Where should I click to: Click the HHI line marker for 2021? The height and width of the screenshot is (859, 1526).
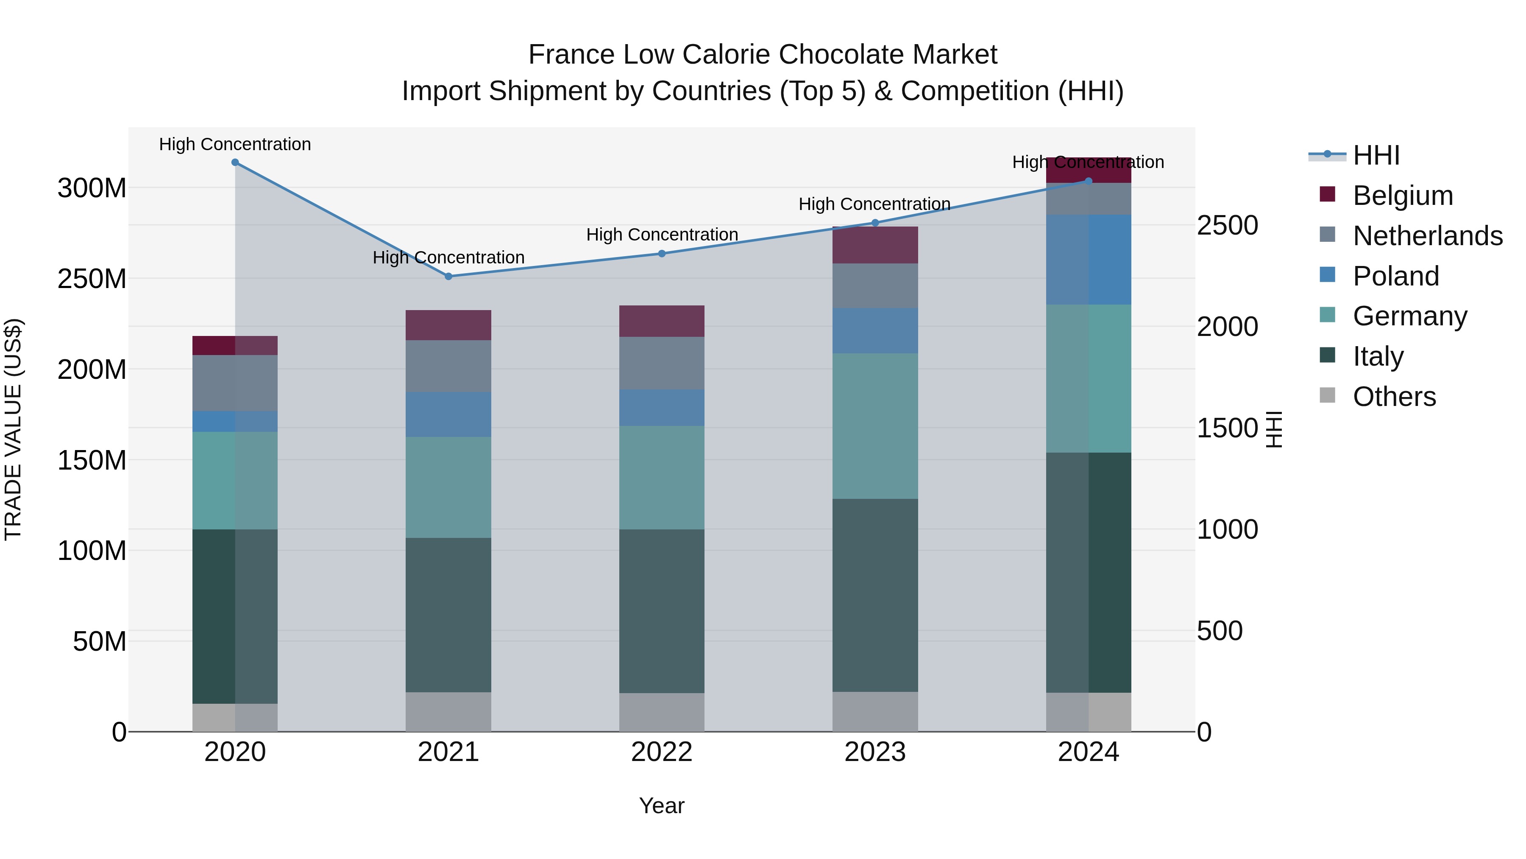pyautogui.click(x=448, y=276)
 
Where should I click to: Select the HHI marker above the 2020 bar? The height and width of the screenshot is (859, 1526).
pyautogui.click(x=235, y=162)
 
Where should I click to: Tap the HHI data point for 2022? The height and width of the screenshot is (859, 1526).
pyautogui.click(x=662, y=254)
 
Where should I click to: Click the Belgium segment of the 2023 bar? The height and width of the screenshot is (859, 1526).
pyautogui.click(x=875, y=245)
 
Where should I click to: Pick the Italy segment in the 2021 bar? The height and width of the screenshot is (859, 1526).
pyautogui.click(x=448, y=615)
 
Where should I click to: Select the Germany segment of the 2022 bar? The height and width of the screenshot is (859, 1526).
pyautogui.click(x=662, y=477)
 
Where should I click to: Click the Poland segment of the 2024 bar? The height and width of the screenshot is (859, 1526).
pyautogui.click(x=1088, y=260)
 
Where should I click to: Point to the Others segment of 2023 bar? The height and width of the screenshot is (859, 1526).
pyautogui.click(x=875, y=711)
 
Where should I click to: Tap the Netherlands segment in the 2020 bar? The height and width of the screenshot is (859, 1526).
pyautogui.click(x=235, y=383)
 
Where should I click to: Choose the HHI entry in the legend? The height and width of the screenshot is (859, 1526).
pyautogui.click(x=1376, y=155)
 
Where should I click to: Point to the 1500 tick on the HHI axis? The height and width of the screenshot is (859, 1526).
pyautogui.click(x=1227, y=428)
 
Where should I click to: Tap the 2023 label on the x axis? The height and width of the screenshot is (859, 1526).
pyautogui.click(x=875, y=752)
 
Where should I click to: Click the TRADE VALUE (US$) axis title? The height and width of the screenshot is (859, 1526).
pyautogui.click(x=13, y=429)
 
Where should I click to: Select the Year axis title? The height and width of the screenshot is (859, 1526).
pyautogui.click(x=662, y=806)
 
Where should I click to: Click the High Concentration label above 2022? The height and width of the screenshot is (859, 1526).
pyautogui.click(x=662, y=235)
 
